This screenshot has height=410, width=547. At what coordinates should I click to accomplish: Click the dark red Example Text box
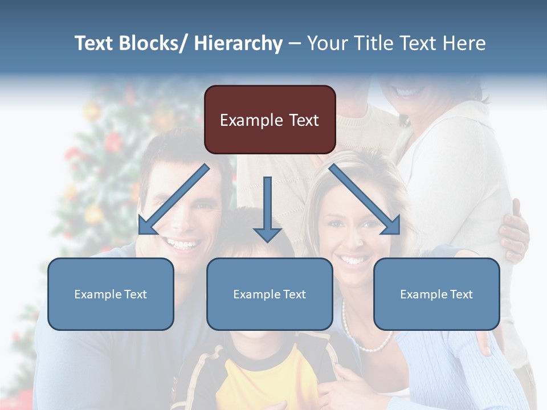pos(270,120)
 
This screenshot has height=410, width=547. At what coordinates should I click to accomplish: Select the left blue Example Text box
pos(111,294)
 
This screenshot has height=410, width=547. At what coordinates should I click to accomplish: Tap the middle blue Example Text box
pos(270,294)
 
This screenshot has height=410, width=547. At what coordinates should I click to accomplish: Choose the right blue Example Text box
pos(436,294)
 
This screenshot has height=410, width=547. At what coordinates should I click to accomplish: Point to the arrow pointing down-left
pos(173,200)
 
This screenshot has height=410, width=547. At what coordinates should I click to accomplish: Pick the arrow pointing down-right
pos(365,200)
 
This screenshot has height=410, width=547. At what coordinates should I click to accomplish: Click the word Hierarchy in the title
pos(238,43)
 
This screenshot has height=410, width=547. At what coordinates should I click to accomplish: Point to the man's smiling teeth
pos(183,245)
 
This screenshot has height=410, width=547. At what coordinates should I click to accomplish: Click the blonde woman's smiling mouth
pos(353,260)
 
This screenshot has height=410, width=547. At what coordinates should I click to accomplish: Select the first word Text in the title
pos(95,43)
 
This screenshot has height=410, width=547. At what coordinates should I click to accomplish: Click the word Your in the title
pos(328,43)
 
